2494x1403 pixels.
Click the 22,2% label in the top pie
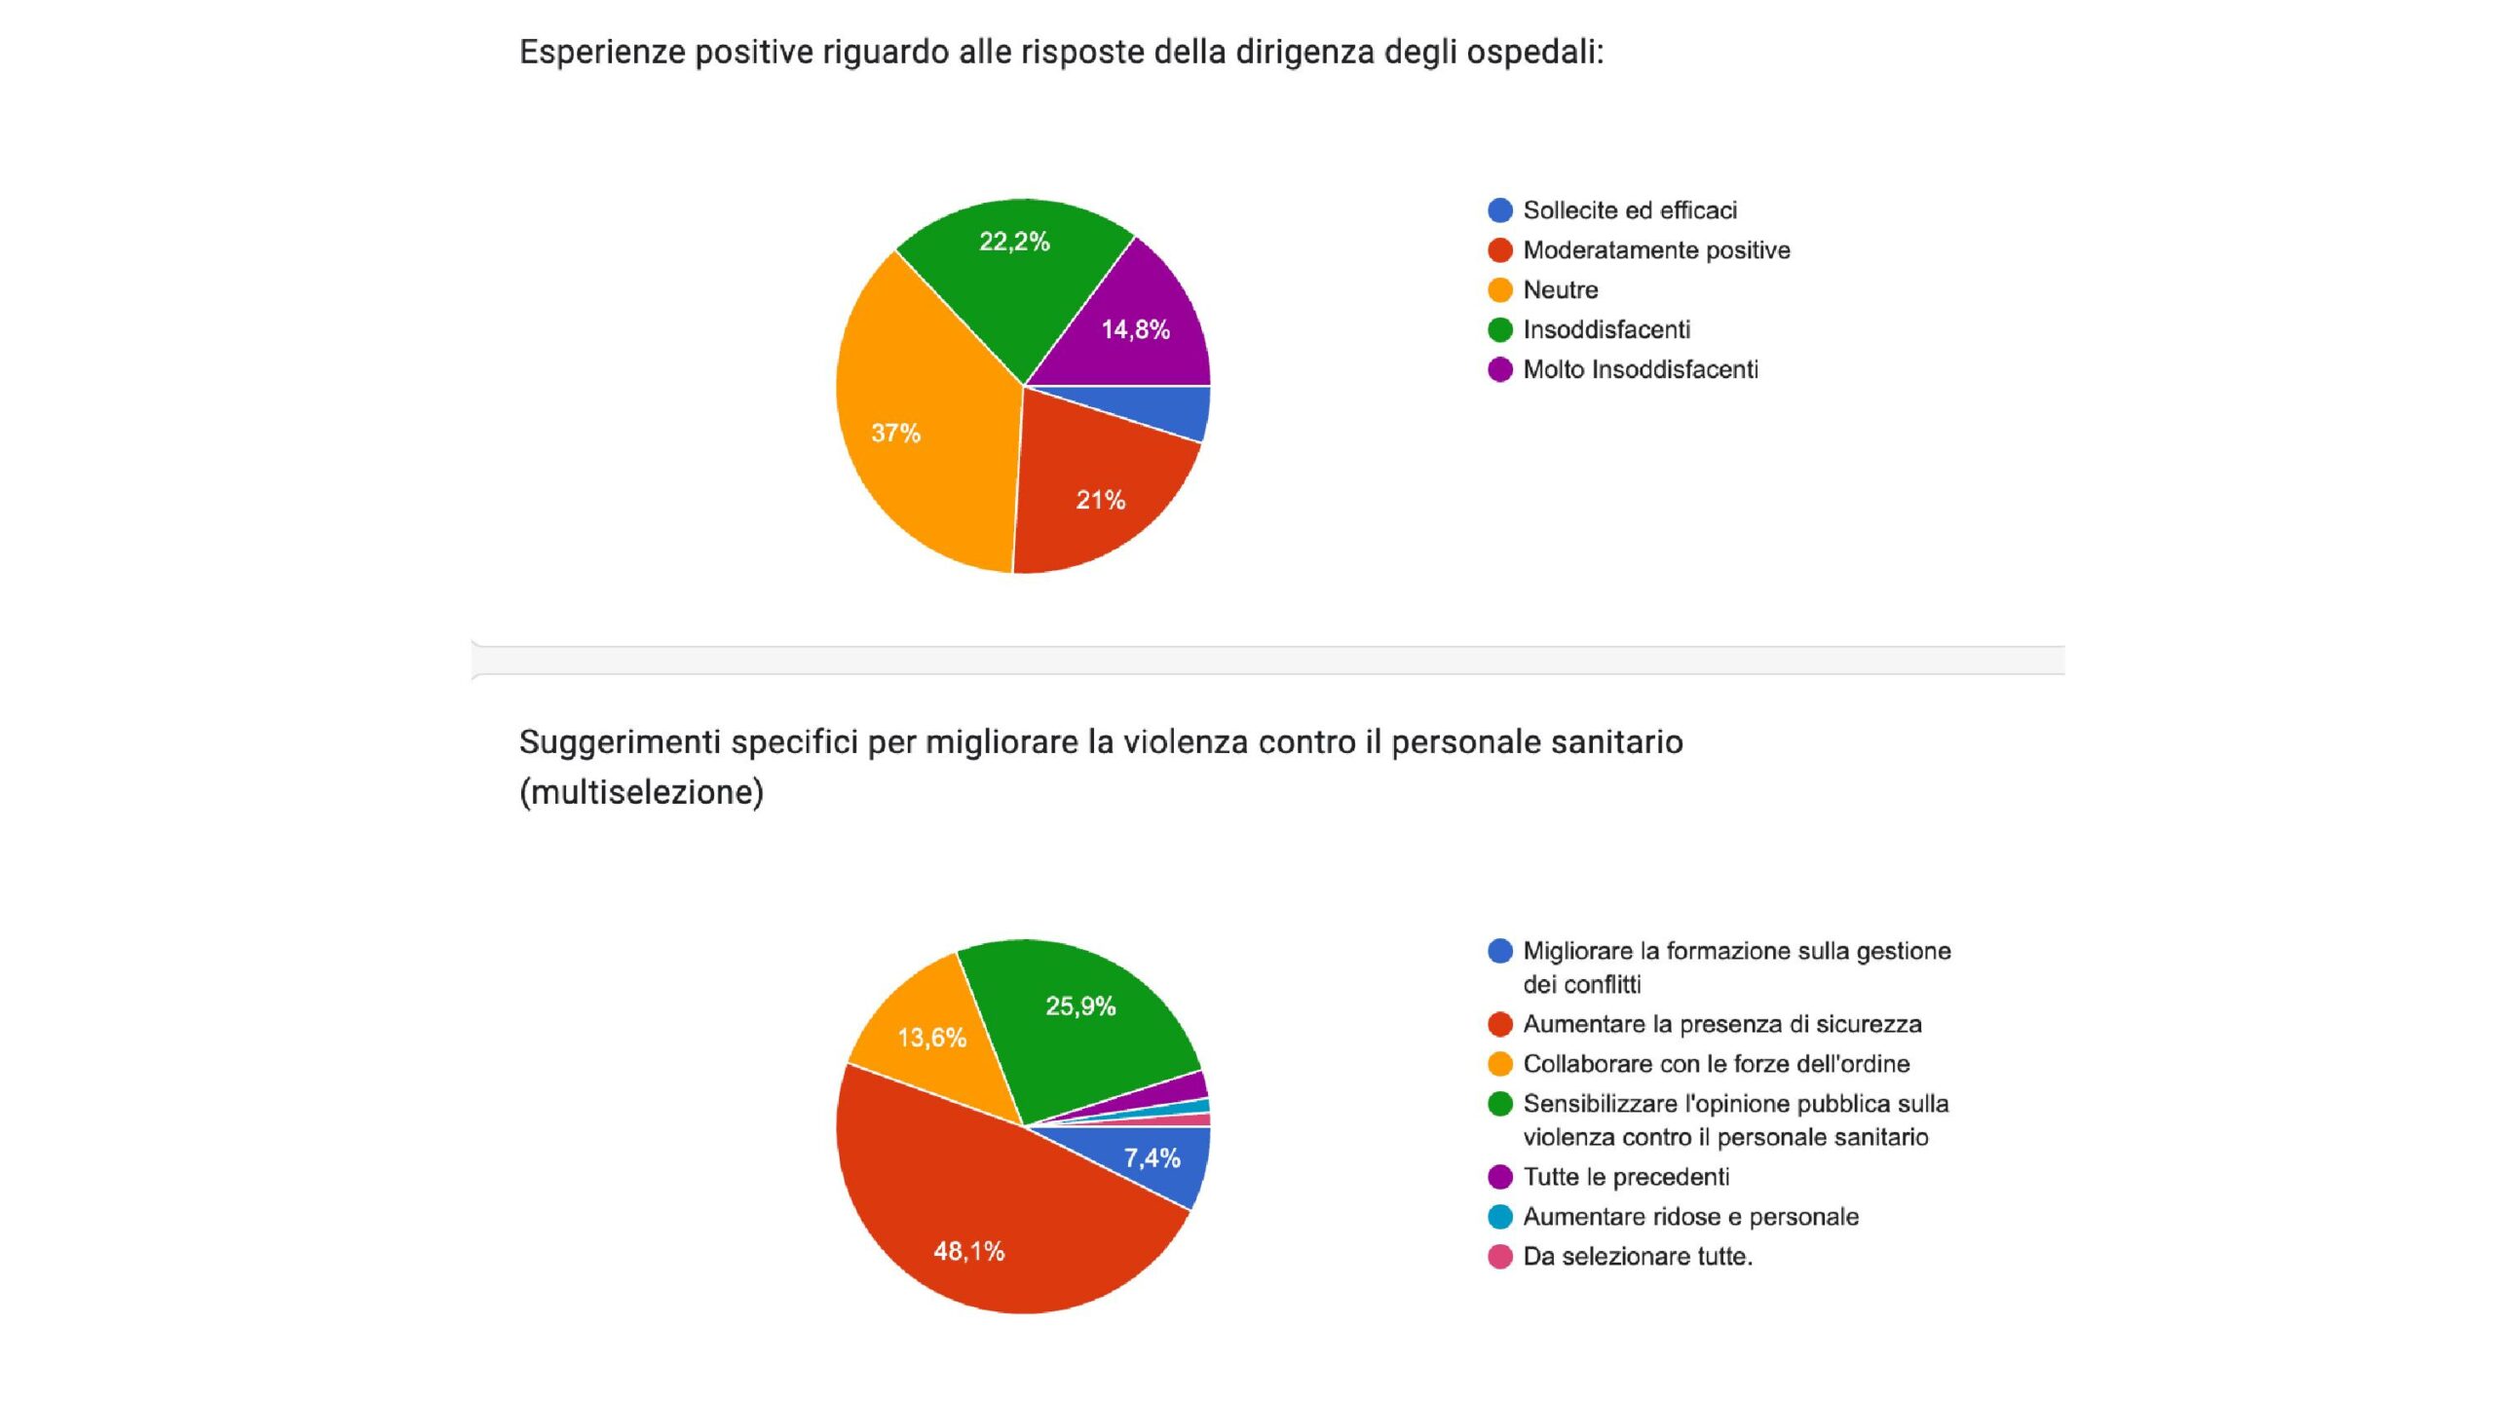pos(1014,242)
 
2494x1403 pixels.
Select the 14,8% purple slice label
pos(1135,329)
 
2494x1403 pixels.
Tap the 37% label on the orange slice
pos(895,433)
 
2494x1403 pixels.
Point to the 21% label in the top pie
pos(1100,500)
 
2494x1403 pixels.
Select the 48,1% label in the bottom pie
pos(968,1251)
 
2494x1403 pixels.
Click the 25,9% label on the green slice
pos(1080,1006)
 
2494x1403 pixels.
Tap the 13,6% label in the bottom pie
pos(931,1038)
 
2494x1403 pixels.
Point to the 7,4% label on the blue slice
pos(1152,1157)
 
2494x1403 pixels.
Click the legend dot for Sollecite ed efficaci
pos(1500,210)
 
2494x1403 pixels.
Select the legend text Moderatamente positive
pos(1656,250)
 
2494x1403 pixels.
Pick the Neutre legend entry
pos(1560,290)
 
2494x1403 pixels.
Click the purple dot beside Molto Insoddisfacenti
pos(1500,370)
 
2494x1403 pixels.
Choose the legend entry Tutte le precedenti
pos(1626,1177)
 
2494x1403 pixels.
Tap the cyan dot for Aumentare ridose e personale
pos(1500,1217)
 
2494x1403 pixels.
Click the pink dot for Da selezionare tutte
pos(1500,1257)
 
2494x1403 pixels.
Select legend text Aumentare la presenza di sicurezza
pos(1721,1024)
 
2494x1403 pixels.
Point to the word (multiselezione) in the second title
pos(641,792)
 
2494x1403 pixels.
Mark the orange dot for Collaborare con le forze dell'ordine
pos(1500,1064)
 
